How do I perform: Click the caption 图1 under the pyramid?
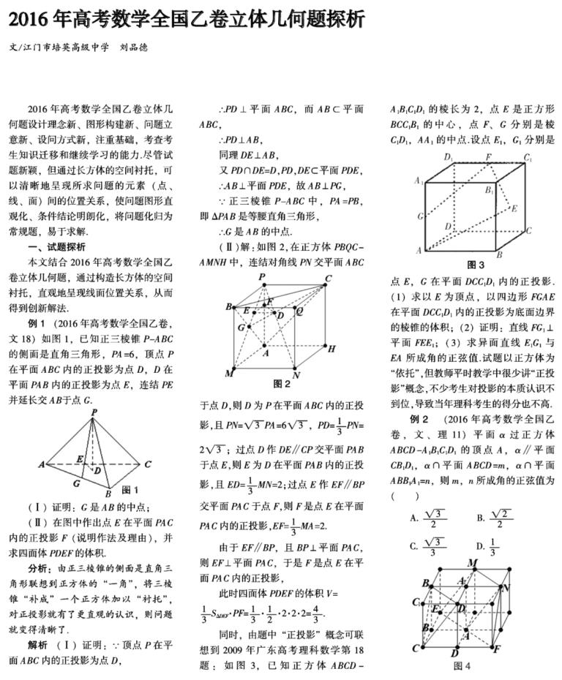point(130,488)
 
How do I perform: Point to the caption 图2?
point(282,382)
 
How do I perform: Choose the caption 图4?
point(462,665)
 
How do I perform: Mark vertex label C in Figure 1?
point(148,464)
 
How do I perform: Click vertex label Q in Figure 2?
point(299,310)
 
